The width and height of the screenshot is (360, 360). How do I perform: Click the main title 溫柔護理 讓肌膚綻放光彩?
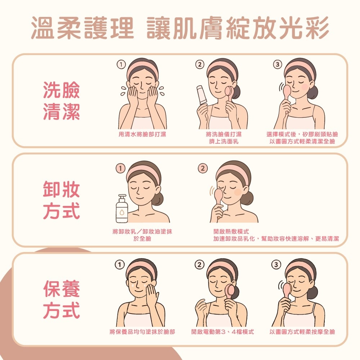pyautogui.click(x=180, y=28)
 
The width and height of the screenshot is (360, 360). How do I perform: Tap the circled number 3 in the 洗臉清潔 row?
pyautogui.click(x=276, y=65)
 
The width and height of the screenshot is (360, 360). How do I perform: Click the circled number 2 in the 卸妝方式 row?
pyautogui.click(x=203, y=168)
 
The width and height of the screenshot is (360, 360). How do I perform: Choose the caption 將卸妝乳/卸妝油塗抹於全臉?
pyautogui.click(x=142, y=235)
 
